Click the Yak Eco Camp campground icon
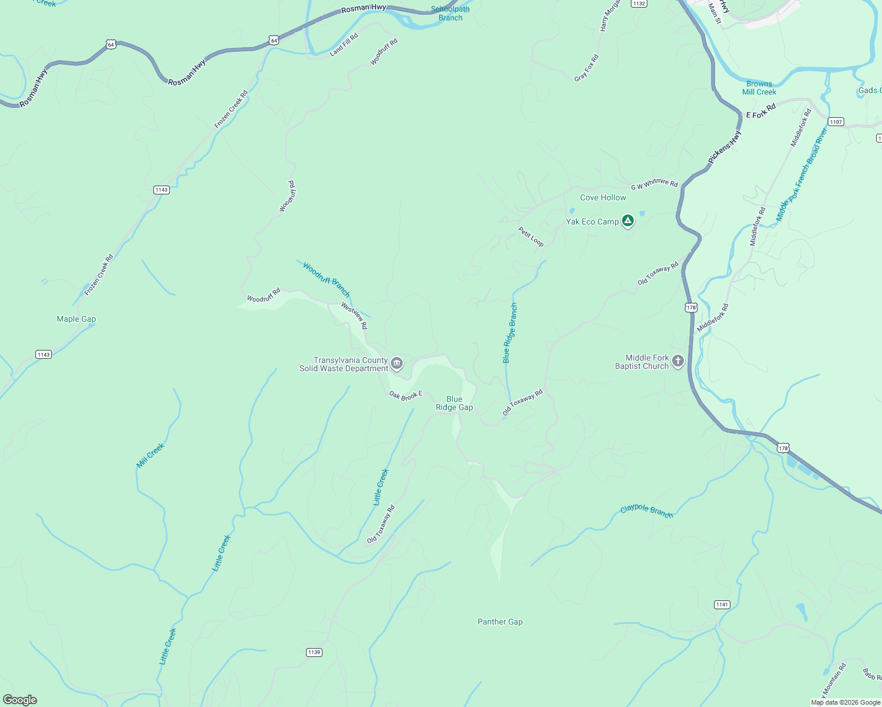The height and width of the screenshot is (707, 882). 628,221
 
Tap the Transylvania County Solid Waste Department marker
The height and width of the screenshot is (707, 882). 397,364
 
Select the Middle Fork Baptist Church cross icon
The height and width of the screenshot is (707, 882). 678,361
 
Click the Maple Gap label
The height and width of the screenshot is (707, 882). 76,319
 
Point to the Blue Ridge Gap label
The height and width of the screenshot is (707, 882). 454,403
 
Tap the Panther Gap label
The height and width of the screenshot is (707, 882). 500,622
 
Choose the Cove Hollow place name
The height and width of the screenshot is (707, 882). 603,197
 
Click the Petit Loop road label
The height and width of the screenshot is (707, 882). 531,236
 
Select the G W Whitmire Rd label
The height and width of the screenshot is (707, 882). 654,185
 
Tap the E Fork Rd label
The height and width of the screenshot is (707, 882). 761,111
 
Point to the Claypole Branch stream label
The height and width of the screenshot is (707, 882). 646,511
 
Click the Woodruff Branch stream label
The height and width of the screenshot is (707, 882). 327,279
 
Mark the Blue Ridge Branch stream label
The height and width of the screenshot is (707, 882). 510,333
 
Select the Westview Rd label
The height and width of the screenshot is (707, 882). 354,315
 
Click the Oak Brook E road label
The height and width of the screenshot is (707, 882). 406,395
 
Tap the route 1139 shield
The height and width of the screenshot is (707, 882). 314,652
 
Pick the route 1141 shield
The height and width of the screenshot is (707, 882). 722,604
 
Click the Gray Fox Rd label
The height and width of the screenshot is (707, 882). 587,68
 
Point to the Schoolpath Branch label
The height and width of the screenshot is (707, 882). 450,14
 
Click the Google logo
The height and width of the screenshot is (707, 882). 20,699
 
